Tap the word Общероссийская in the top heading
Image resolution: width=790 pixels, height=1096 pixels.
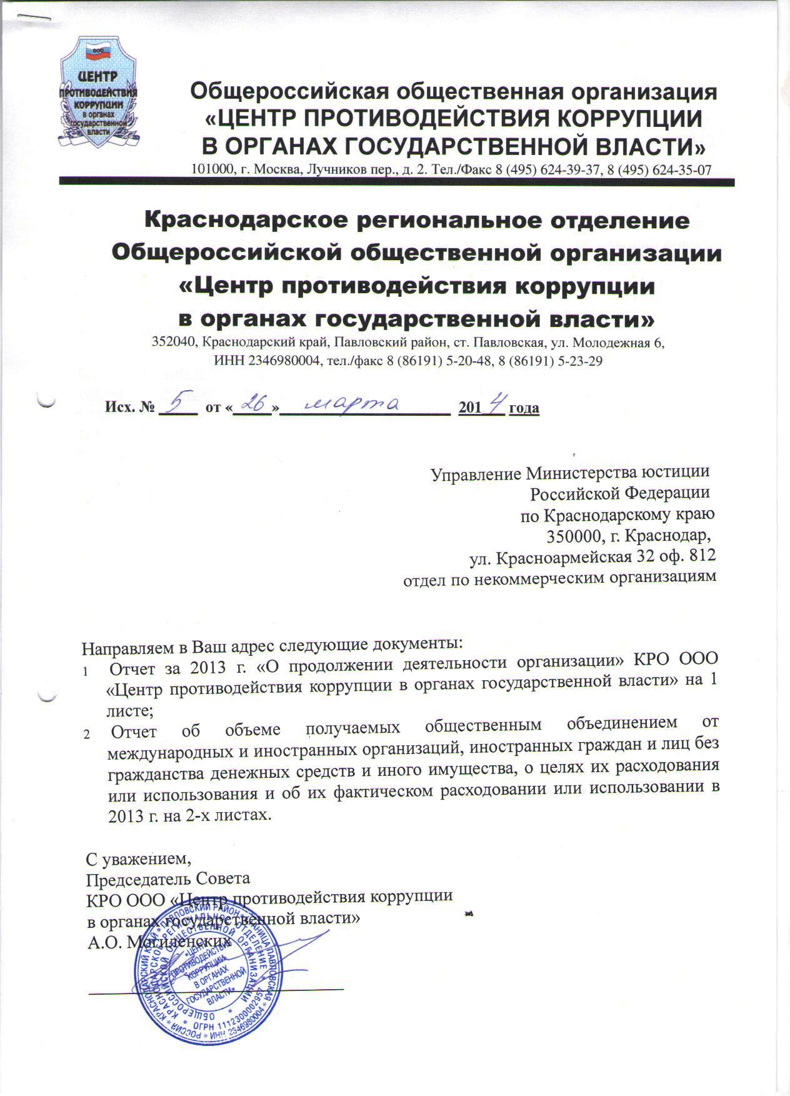point(281,92)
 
